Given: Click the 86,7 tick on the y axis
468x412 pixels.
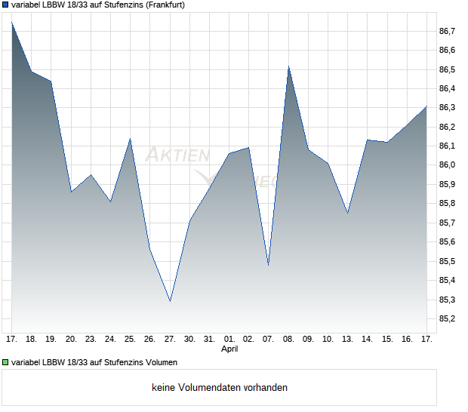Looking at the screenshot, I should click(447, 31).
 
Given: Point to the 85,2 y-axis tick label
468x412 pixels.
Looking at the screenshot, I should click(447, 319).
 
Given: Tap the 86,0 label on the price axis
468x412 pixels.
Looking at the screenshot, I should click(447, 165).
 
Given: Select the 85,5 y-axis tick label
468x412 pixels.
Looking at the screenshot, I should click(447, 262).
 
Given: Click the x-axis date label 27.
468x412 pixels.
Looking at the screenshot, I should click(170, 340).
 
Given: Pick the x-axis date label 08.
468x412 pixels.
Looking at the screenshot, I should click(288, 340).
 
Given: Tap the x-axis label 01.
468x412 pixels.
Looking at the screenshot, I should click(229, 340).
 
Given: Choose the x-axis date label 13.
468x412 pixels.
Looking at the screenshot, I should click(348, 340).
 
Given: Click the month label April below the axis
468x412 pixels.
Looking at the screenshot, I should click(229, 349).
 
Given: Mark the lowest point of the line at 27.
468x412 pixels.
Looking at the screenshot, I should click(170, 301).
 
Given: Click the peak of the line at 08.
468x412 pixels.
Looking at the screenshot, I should click(288, 66).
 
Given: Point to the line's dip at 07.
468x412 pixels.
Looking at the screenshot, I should click(269, 265).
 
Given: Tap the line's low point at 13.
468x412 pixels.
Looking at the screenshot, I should click(348, 214).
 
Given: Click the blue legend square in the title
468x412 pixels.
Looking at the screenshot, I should click(6, 5).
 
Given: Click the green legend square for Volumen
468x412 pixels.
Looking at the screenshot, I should click(6, 362).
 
